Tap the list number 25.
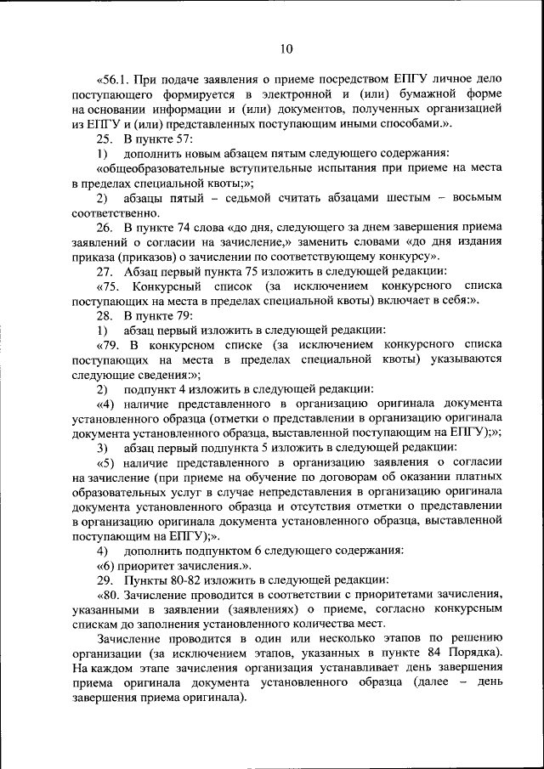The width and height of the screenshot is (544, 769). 104,139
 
